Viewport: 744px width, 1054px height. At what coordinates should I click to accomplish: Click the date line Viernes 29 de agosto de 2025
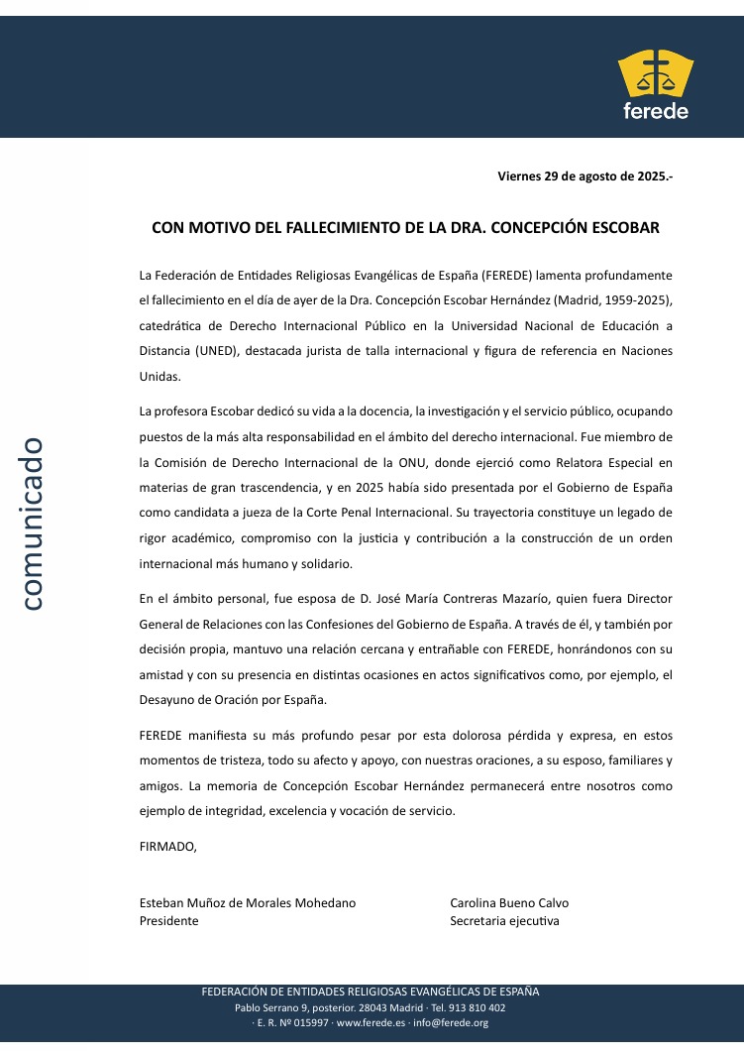[585, 176]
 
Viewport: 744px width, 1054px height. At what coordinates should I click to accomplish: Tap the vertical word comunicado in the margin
[32, 523]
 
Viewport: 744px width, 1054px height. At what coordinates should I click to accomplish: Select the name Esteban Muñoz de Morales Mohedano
[248, 902]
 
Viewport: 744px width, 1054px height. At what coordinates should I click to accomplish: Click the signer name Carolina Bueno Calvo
[509, 902]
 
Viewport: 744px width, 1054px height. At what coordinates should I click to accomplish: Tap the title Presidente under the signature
[169, 920]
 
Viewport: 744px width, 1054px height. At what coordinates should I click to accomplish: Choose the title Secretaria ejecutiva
[504, 920]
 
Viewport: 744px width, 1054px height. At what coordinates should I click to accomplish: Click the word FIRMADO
[168, 846]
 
